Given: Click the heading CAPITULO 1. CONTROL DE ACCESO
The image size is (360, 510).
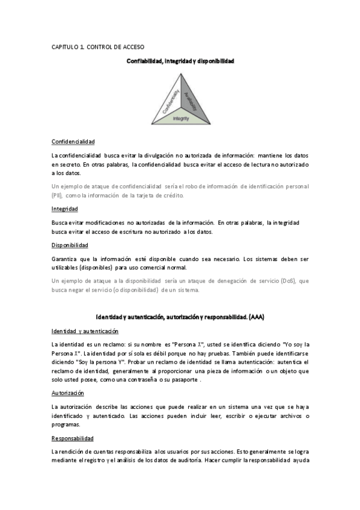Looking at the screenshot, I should [98, 47].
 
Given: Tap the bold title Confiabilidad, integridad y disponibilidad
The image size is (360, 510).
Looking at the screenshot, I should [180, 61].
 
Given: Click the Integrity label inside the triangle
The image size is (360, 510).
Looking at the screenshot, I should [181, 118].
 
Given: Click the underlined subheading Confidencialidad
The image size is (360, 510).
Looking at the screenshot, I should [73, 141].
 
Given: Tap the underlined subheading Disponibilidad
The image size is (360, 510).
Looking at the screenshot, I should [70, 245].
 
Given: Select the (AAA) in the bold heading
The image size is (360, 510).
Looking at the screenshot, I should [255, 316].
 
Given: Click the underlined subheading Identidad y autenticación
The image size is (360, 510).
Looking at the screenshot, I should [85, 331].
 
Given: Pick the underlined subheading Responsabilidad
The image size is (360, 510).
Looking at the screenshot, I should [73, 438].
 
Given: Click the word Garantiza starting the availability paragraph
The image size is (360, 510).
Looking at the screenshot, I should [65, 259].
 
